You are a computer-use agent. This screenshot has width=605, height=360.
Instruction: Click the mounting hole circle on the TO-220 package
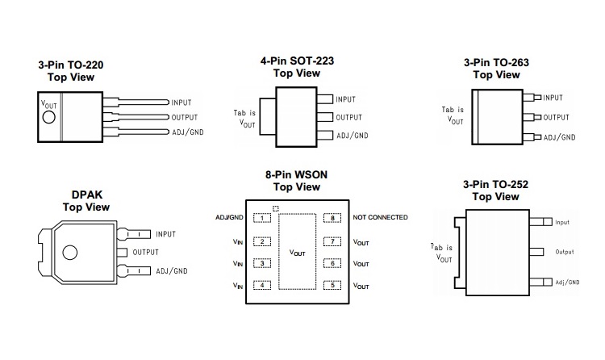pyautogui.click(x=48, y=117)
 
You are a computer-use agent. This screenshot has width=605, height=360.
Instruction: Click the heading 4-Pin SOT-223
pyautogui.click(x=297, y=61)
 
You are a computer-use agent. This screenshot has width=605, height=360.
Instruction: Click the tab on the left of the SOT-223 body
pyautogui.click(x=267, y=117)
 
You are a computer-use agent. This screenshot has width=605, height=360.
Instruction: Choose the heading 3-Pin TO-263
pyautogui.click(x=496, y=61)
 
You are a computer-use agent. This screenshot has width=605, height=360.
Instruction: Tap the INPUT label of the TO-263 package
pyautogui.click(x=553, y=98)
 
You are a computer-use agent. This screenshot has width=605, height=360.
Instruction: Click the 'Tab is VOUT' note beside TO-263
pyautogui.click(x=453, y=115)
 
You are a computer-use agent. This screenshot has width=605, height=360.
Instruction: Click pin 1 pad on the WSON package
pyautogui.click(x=262, y=218)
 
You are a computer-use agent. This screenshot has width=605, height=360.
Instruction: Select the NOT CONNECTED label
pyautogui.click(x=380, y=218)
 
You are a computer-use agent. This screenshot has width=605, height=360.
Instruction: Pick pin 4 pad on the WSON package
pyautogui.click(x=262, y=286)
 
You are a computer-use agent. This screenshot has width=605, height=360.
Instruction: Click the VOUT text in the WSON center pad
pyautogui.click(x=297, y=253)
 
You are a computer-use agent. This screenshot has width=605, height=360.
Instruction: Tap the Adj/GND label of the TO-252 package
pyautogui.click(x=567, y=283)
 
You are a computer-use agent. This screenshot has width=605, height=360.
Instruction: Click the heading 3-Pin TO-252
pyautogui.click(x=496, y=184)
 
